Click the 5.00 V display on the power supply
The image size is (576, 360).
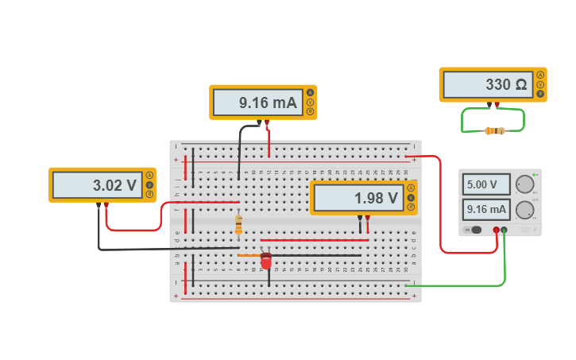coord(485,184)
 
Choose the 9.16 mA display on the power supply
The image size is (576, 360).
coord(485,210)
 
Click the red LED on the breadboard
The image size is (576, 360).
coord(266,260)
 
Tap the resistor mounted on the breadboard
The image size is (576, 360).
coord(238,226)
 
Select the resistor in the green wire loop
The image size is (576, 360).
coord(495,130)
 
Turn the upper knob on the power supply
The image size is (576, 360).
coord(524,185)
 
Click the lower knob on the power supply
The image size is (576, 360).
coord(524,210)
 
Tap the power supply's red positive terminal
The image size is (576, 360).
coord(497,230)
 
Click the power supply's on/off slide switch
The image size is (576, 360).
coord(474,230)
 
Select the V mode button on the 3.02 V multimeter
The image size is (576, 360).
coord(149,185)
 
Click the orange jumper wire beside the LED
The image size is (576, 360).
coord(248,255)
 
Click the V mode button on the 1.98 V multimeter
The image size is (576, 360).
coord(411,198)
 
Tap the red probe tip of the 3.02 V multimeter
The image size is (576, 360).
coord(106,206)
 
